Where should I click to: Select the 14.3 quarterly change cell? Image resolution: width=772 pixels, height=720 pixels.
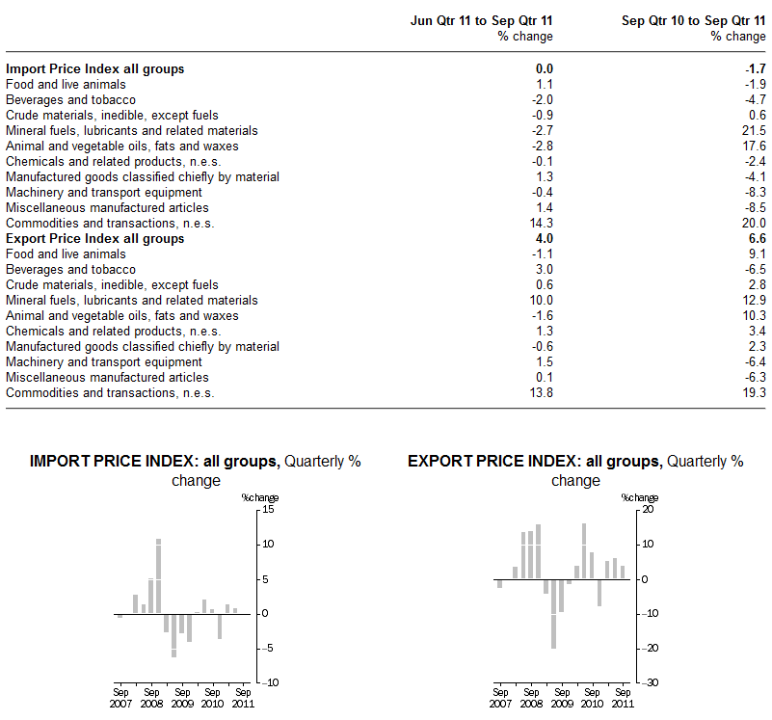coord(542,224)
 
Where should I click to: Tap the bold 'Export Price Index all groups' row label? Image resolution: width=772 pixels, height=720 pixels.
coord(94,239)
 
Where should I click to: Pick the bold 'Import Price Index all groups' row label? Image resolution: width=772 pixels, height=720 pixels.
coord(94,69)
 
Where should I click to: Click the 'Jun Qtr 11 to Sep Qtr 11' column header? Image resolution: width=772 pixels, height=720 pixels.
coord(483,20)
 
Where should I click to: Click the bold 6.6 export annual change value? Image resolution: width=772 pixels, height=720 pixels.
coord(757,239)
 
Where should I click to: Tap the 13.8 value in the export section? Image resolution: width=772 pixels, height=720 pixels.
coord(542,393)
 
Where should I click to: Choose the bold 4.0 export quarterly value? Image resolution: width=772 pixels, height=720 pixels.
coord(545,239)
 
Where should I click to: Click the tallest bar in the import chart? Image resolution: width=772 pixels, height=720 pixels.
coord(158,575)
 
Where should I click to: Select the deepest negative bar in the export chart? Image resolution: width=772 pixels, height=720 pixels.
coord(554,614)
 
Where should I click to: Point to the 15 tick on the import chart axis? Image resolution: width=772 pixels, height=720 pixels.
coord(269,509)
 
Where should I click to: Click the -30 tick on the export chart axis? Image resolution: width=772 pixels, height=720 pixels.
coord(651,682)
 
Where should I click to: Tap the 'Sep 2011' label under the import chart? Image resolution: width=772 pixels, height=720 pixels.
coord(244,698)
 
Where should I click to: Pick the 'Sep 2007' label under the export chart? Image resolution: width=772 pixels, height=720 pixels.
coord(500,698)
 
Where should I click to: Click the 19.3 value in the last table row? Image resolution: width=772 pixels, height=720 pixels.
coord(754,393)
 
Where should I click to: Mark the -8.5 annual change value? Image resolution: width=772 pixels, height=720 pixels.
coord(756,208)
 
